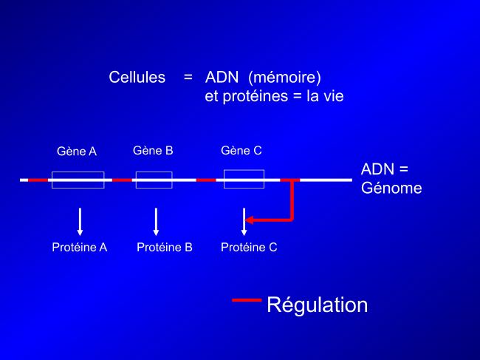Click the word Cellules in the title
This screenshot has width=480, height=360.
[137, 77]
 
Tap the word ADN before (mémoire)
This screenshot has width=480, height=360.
[222, 77]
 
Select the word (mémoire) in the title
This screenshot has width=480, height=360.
[285, 78]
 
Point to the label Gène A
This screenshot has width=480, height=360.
[77, 151]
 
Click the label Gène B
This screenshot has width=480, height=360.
[153, 151]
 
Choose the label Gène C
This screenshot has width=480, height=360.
[241, 151]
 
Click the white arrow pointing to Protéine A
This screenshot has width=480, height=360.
[80, 222]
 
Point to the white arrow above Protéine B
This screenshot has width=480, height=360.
[156, 222]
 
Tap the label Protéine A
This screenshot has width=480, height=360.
[80, 247]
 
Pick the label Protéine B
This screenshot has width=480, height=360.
[165, 247]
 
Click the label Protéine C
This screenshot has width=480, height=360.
[249, 247]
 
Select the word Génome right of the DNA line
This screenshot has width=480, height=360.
[391, 188]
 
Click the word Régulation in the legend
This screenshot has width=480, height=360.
[317, 305]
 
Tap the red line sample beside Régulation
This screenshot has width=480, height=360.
[247, 300]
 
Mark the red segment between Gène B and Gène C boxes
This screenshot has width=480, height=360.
[206, 180]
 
